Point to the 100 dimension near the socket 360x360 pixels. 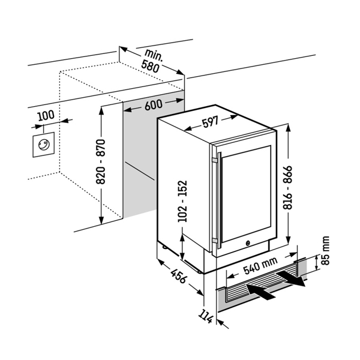[x=46, y=115]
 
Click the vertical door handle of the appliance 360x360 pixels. [x=219, y=201]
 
